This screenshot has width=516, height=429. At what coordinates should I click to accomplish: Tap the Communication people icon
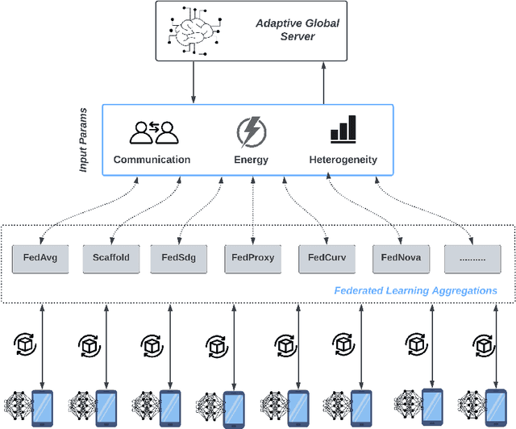(x=152, y=132)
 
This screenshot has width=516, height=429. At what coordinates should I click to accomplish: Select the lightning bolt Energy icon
(x=251, y=131)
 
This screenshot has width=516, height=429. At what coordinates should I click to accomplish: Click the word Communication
(x=152, y=160)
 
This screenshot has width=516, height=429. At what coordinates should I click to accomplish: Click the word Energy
(x=252, y=160)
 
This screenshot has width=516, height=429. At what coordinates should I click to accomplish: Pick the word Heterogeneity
(x=343, y=160)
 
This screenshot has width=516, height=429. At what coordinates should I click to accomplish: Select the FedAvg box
(x=40, y=259)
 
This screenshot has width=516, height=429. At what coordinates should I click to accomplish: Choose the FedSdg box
(x=179, y=259)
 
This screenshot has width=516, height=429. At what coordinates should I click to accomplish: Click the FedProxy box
(x=252, y=259)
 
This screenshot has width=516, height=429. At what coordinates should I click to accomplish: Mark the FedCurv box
(x=326, y=259)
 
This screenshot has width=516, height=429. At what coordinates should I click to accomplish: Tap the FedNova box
(x=398, y=259)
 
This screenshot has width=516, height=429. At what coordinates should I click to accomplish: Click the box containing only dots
(x=472, y=259)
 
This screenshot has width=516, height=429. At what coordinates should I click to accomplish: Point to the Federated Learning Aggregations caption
(x=415, y=290)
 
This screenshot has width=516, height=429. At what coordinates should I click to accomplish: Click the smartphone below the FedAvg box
(x=41, y=408)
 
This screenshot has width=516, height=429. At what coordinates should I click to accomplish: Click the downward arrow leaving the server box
(x=193, y=81)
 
